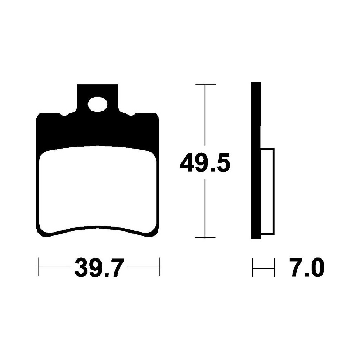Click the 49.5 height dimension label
pos(205,163)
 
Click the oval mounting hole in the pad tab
pos(98,104)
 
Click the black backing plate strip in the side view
pos(256,161)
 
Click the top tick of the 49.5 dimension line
pos(206,84)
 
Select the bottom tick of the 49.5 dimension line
pos(205,237)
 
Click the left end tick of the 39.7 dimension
pos(38,267)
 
